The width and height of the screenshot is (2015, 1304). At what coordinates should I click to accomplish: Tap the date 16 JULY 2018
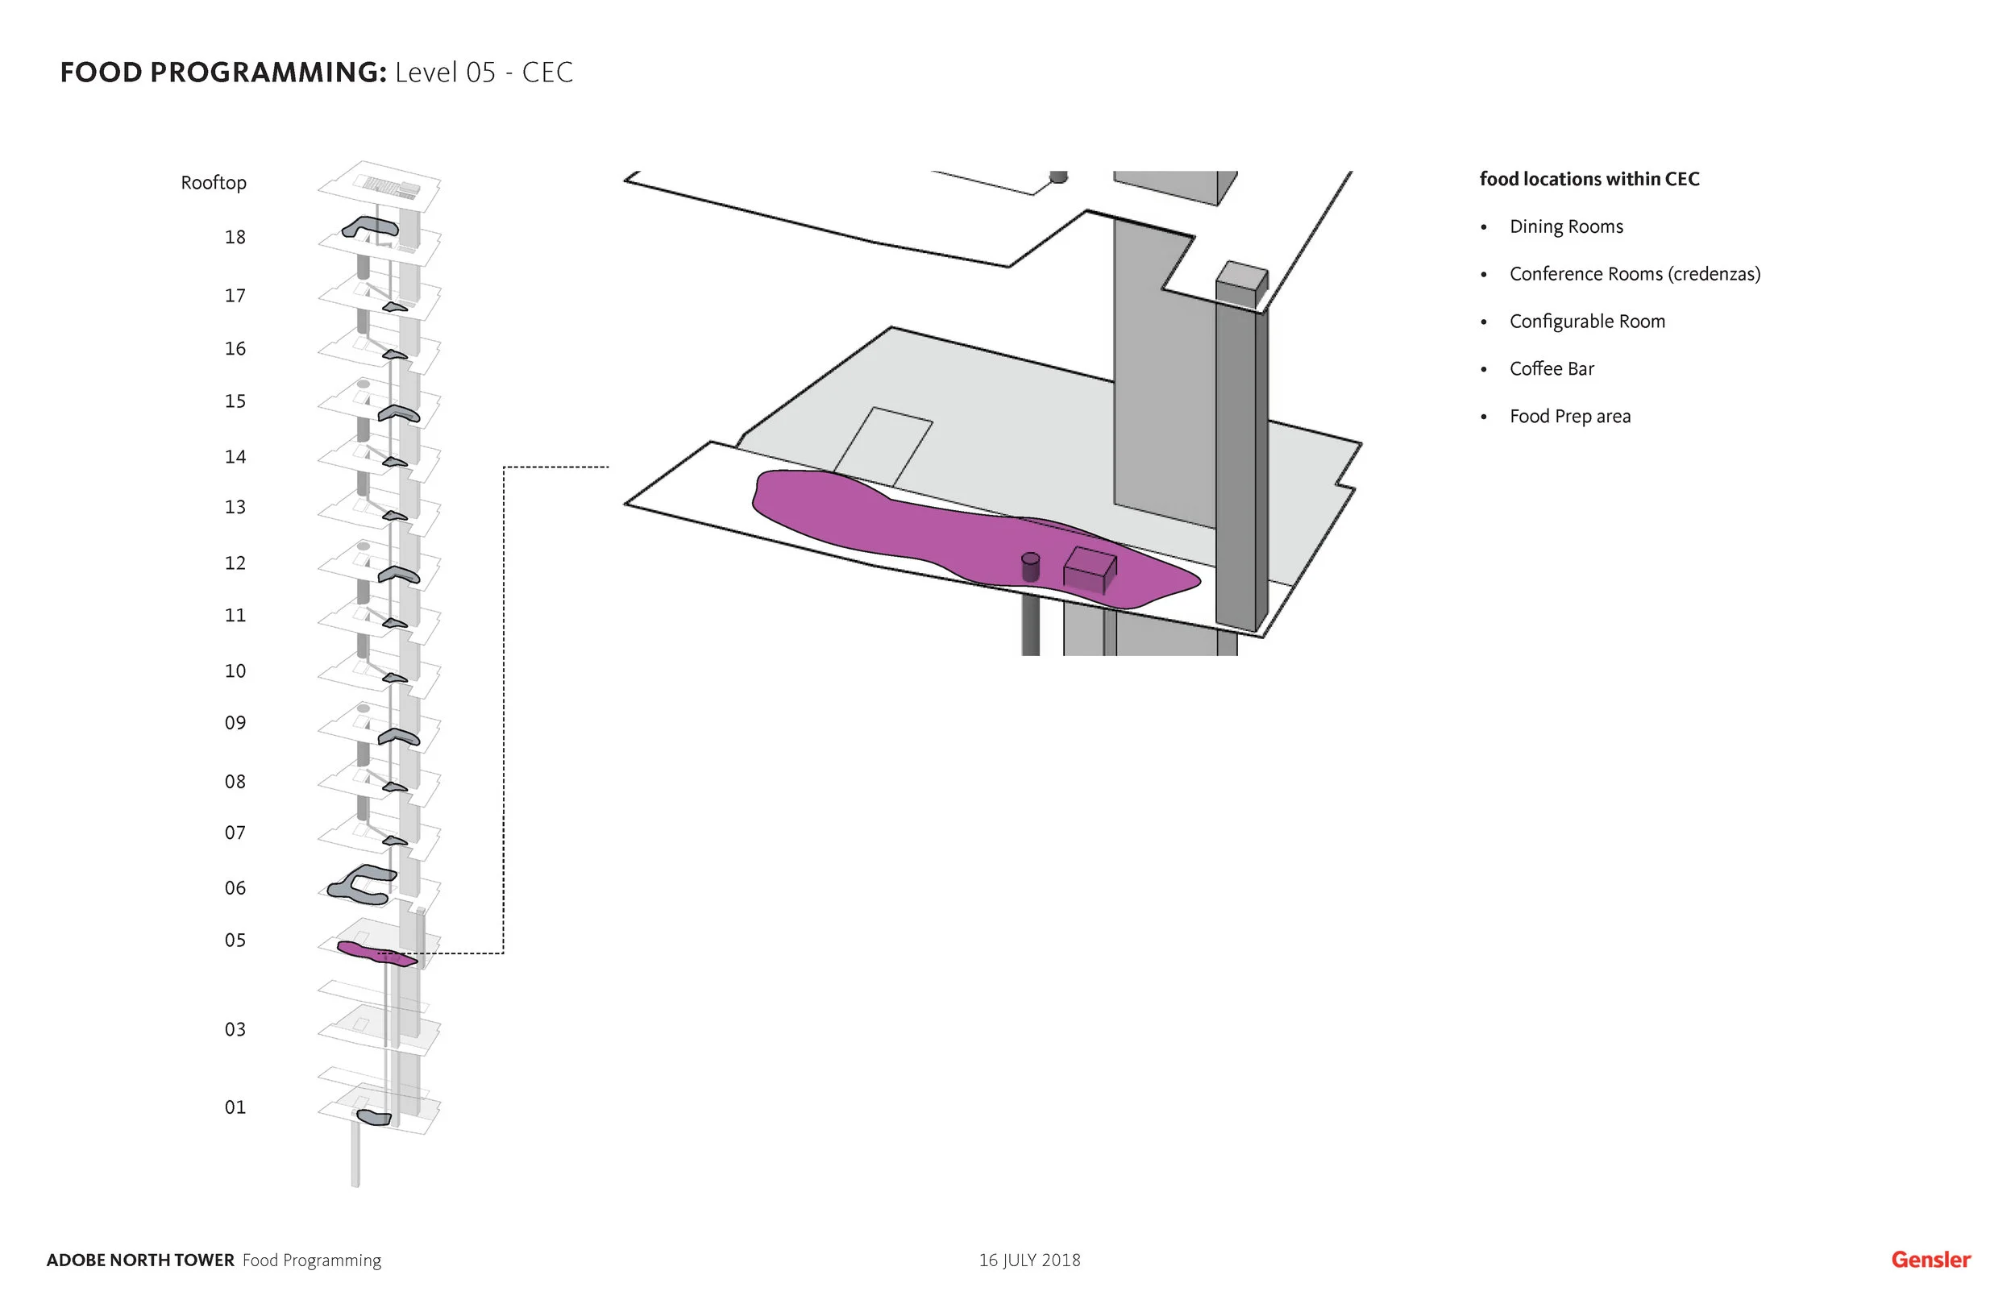[x=1028, y=1260]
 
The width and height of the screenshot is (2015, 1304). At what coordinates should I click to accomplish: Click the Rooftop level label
[x=214, y=183]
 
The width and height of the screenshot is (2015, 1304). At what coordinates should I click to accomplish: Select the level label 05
[x=235, y=940]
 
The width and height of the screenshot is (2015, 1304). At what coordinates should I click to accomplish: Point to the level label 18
[x=235, y=237]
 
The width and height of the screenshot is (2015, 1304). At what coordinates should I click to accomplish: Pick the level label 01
[x=235, y=1107]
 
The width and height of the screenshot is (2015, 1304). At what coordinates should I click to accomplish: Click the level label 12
[x=235, y=563]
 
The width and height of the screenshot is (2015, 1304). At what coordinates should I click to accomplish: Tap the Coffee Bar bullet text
[x=1551, y=368]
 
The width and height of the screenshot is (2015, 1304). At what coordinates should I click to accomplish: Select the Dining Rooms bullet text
[x=1565, y=226]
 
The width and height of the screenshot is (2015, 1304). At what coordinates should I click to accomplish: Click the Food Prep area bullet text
[x=1568, y=416]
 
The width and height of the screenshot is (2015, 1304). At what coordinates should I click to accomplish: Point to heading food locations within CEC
[x=1589, y=179]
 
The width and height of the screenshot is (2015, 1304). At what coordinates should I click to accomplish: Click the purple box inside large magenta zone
[x=1090, y=569]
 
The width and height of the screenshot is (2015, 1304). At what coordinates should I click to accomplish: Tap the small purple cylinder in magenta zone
[x=1029, y=567]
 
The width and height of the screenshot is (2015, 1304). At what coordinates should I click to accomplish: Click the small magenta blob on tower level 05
[x=372, y=953]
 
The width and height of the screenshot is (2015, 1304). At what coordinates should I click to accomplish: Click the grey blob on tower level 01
[x=373, y=1118]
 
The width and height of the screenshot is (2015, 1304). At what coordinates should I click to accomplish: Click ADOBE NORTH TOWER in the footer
[x=139, y=1260]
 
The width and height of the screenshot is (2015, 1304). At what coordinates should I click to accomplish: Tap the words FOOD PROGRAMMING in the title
[x=222, y=72]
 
